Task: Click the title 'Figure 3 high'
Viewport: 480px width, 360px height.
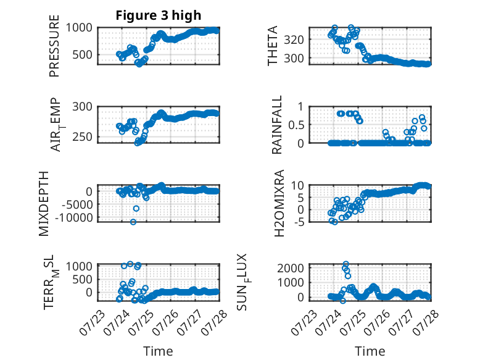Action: pyautogui.click(x=159, y=15)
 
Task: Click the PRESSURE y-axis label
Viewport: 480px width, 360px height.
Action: pyautogui.click(x=54, y=46)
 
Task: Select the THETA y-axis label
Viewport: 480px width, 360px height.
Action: pyautogui.click(x=272, y=46)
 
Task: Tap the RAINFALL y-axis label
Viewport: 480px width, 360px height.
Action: pyautogui.click(x=276, y=125)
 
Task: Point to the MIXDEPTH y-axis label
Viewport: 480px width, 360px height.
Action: pyautogui.click(x=44, y=204)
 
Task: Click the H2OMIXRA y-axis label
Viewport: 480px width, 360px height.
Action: pyautogui.click(x=279, y=203)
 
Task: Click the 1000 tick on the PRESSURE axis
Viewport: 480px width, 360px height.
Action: pyautogui.click(x=79, y=28)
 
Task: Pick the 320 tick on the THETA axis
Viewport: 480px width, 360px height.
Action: pyautogui.click(x=294, y=40)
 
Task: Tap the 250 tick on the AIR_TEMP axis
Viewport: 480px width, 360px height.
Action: pyautogui.click(x=82, y=137)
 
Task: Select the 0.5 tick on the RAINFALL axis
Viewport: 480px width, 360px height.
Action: pyautogui.click(x=296, y=125)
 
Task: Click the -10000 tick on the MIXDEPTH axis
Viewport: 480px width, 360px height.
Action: pyautogui.click(x=74, y=218)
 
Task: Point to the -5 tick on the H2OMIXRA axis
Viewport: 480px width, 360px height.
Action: pyautogui.click(x=299, y=222)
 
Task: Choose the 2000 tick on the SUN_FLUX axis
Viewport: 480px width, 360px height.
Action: pyautogui.click(x=291, y=268)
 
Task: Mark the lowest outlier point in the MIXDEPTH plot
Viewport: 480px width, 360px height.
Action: pyautogui.click(x=133, y=222)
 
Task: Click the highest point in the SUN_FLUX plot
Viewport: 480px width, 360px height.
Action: pyautogui.click(x=346, y=264)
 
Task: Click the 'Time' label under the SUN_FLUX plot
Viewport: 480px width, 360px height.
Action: pyautogui.click(x=370, y=351)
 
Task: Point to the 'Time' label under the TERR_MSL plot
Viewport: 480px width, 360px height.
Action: pyautogui.click(x=159, y=351)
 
